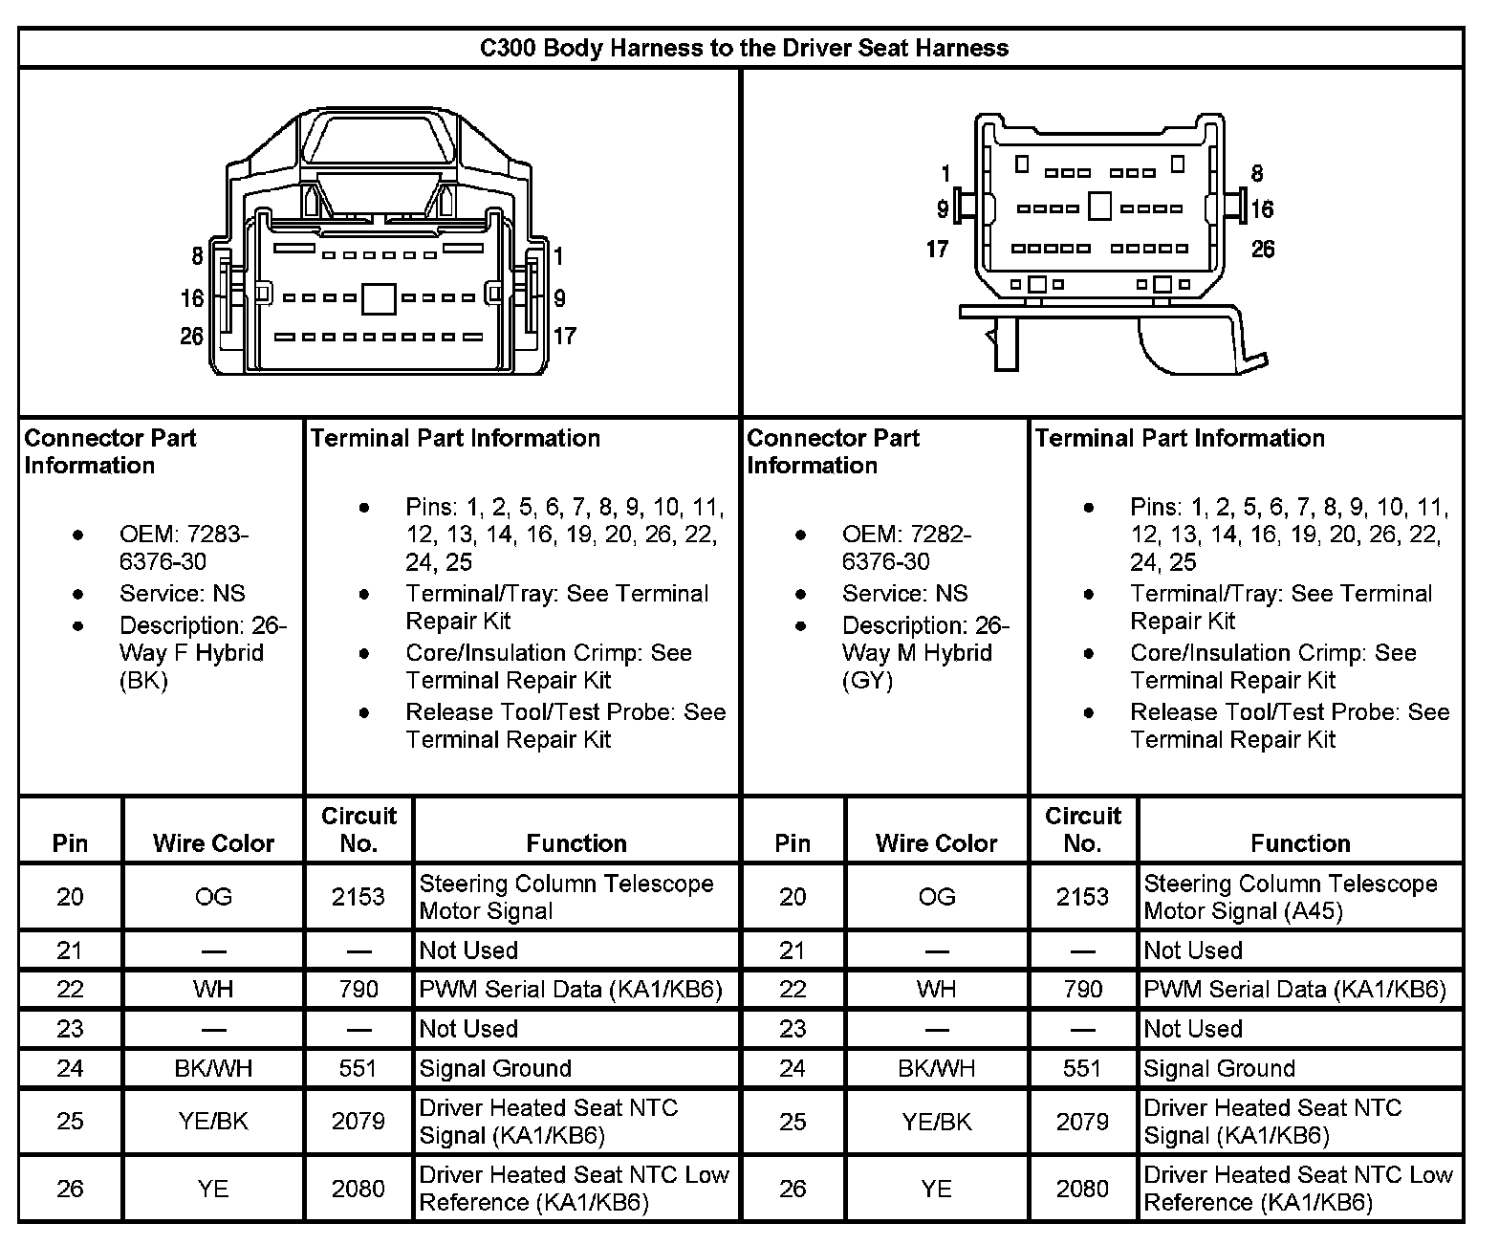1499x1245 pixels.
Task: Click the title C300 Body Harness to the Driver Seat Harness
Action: tap(744, 48)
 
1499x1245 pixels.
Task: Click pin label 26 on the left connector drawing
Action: tap(192, 336)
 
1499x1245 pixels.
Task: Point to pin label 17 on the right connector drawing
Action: tap(937, 249)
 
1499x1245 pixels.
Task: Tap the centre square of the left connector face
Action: tap(379, 298)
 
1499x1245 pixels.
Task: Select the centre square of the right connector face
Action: tap(1100, 207)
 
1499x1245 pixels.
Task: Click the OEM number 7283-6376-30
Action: tap(183, 548)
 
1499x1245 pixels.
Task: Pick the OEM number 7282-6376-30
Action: tap(905, 548)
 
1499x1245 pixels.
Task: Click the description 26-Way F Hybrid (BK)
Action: tap(202, 653)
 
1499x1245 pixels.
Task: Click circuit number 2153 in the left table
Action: tap(358, 897)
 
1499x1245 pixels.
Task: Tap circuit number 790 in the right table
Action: tap(1082, 989)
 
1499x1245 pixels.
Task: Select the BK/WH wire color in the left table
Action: tap(213, 1068)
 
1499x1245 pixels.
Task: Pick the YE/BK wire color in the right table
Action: tap(937, 1121)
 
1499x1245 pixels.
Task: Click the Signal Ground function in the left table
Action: tap(495, 1068)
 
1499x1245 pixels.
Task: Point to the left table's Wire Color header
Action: tap(213, 842)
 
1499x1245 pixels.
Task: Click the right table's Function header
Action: tap(1300, 842)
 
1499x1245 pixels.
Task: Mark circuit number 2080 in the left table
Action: tap(358, 1188)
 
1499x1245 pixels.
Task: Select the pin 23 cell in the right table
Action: tap(793, 1029)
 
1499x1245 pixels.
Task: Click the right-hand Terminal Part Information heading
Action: tap(1180, 438)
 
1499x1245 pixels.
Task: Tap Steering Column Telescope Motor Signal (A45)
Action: tap(1291, 897)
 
